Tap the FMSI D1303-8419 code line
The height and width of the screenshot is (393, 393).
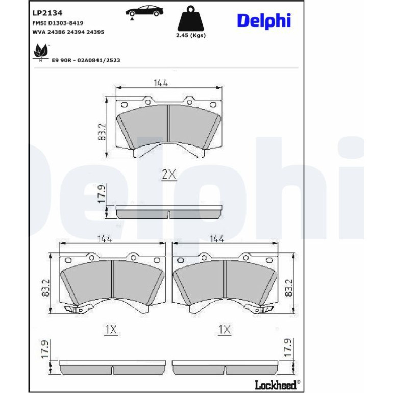pyautogui.click(x=58, y=23)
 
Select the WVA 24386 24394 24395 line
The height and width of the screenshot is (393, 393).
pyautogui.click(x=68, y=32)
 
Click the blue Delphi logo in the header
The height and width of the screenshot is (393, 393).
pyautogui.click(x=264, y=21)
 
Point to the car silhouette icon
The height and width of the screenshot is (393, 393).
pyautogui.click(x=144, y=11)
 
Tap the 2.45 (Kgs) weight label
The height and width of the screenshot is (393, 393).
pyautogui.click(x=191, y=35)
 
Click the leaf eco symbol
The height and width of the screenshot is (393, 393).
pyautogui.click(x=41, y=52)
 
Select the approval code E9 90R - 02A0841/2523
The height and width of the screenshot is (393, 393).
pyautogui.click(x=86, y=60)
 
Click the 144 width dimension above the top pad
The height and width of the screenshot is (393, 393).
pyautogui.click(x=161, y=83)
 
